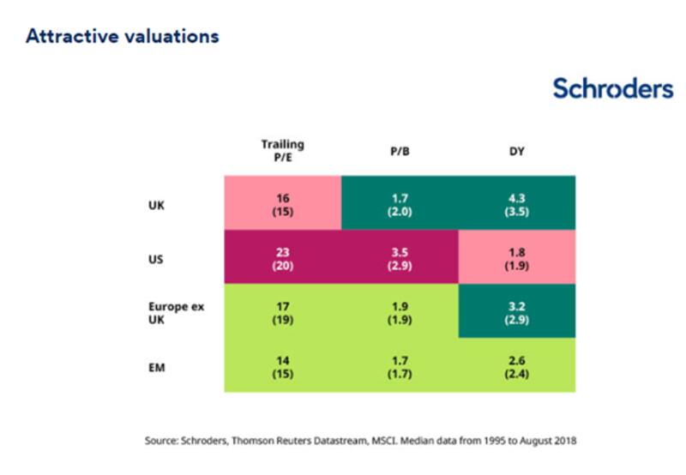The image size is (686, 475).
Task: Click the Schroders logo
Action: (612, 88)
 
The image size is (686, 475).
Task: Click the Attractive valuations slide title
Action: (123, 37)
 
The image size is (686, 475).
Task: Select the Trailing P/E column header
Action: (282, 151)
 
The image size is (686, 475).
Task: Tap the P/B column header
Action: (399, 152)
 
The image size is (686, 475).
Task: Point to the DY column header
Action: (517, 152)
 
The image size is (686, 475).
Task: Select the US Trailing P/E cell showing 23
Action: (282, 257)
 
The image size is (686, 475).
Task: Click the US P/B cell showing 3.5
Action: (399, 257)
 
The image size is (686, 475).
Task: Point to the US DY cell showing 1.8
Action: (517, 257)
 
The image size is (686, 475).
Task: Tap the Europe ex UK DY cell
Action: (517, 311)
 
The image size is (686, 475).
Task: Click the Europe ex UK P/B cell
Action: (399, 311)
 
